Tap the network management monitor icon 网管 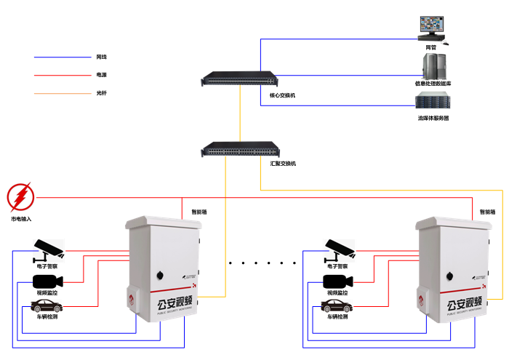pyautogui.click(x=431, y=28)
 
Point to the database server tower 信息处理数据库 pyautogui.click(x=432, y=68)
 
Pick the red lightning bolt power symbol pyautogui.click(x=20, y=197)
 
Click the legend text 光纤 pyautogui.click(x=101, y=93)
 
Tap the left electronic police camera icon pyautogui.click(x=48, y=249)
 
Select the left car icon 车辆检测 pyautogui.click(x=46, y=305)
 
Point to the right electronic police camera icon pyautogui.click(x=339, y=249)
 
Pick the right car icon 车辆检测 pyautogui.click(x=337, y=305)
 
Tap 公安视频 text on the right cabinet pyautogui.click(x=463, y=305)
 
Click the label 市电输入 pyautogui.click(x=21, y=219)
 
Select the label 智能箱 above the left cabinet pyautogui.click(x=199, y=212)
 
